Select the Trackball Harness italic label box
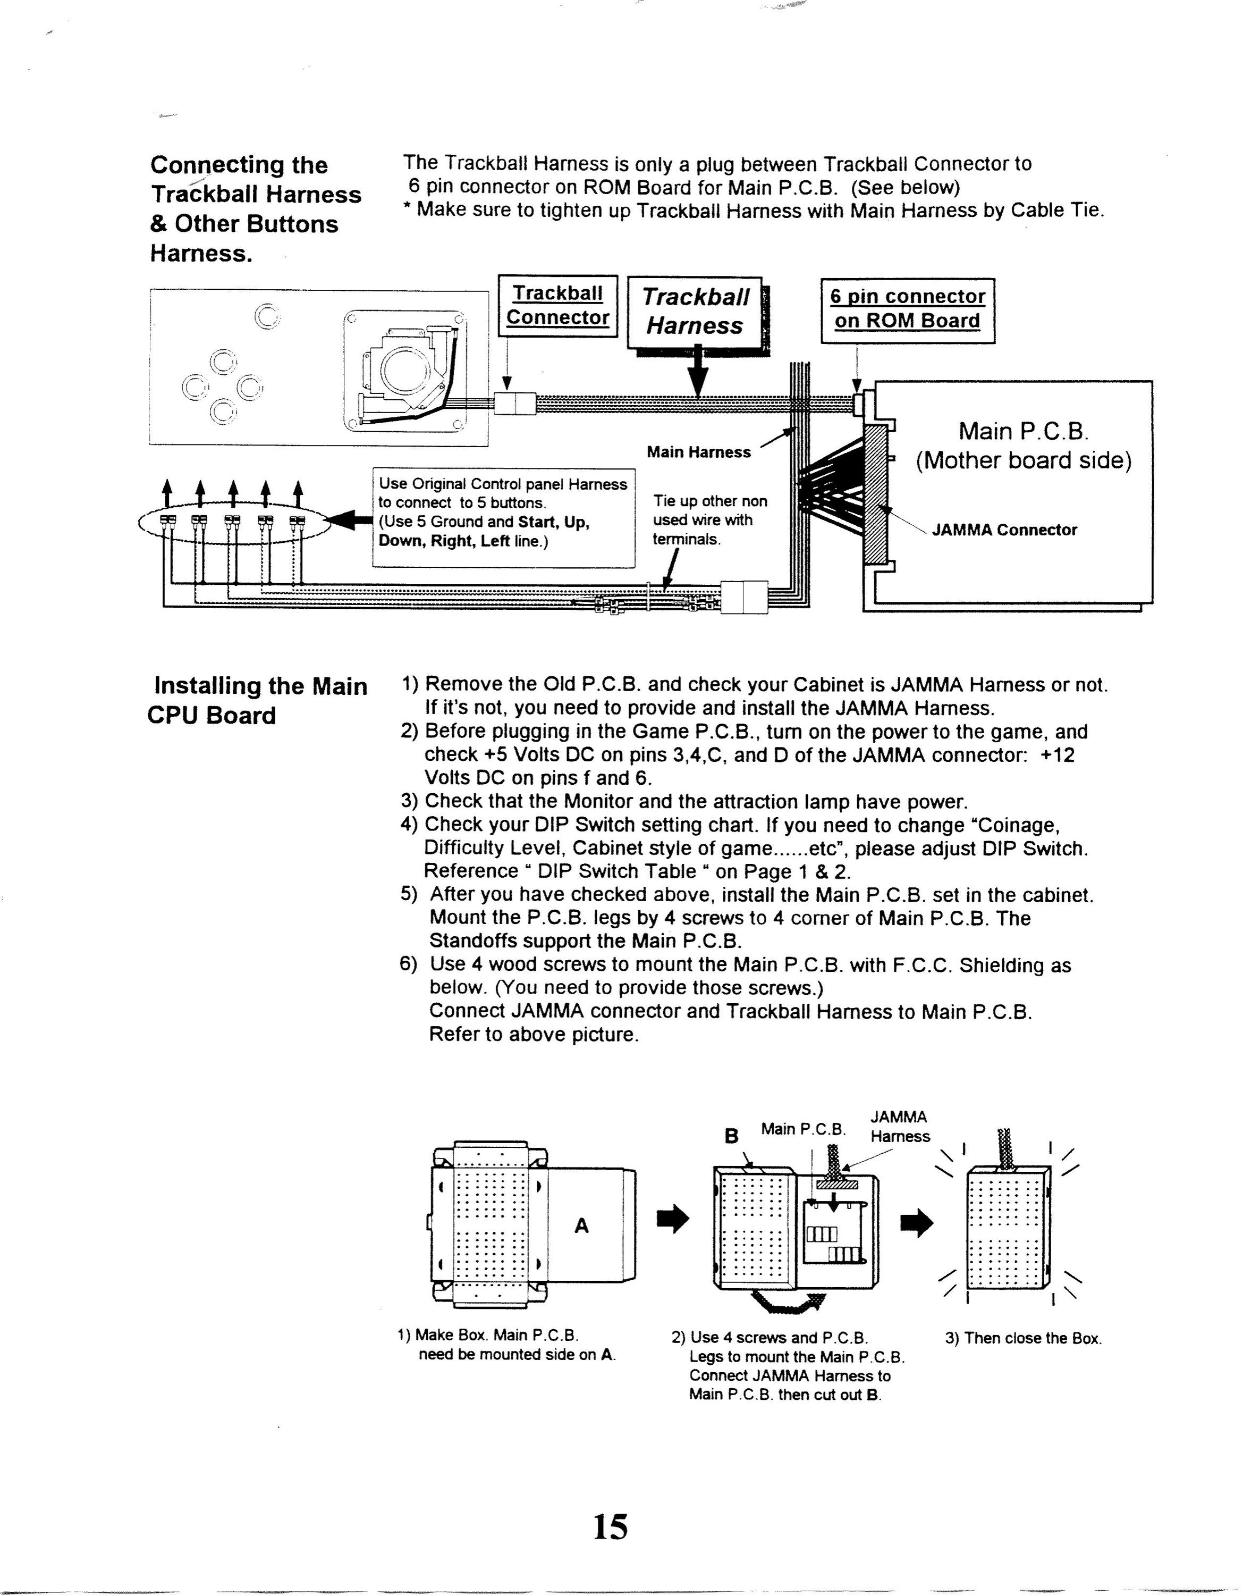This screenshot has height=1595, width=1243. pos(695,311)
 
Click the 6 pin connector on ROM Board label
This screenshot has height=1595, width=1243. pos(908,309)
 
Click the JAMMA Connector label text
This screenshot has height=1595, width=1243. pos(1004,530)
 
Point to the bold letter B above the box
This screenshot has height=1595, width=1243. pos(731,1136)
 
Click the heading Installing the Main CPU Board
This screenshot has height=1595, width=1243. pos(258,700)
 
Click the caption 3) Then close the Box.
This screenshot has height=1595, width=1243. pos(1022,1339)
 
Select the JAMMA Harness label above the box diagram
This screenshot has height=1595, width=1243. pos(900,1127)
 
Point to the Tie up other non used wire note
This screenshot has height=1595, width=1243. pos(709,521)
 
